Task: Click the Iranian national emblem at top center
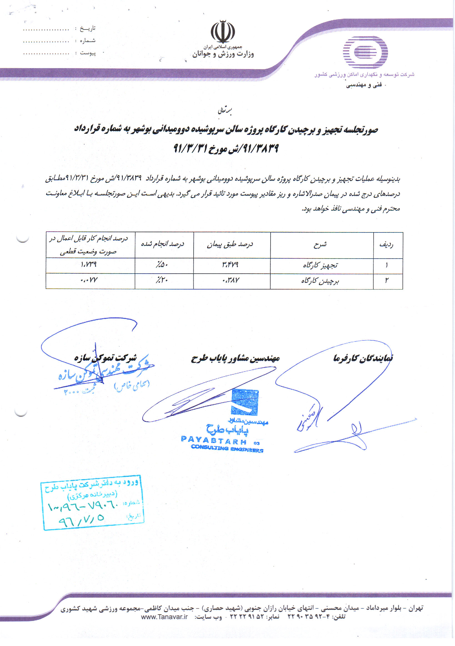tap(223, 31)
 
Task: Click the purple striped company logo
tap(365, 52)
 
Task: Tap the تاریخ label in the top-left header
tap(87, 28)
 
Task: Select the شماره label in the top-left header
tap(87, 41)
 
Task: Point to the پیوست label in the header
tap(88, 53)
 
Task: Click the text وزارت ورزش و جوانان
tap(223, 54)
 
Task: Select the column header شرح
tap(320, 244)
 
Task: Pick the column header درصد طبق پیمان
tap(230, 244)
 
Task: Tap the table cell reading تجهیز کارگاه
tap(320, 265)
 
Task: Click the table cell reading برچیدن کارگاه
tap(320, 281)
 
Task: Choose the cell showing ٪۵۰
tap(162, 265)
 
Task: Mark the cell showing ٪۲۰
tap(162, 281)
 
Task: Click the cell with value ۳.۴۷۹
tap(230, 265)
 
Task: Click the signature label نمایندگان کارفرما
tap(363, 358)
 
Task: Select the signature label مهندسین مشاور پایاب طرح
tap(235, 358)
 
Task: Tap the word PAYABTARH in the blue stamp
tap(214, 440)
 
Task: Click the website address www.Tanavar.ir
tap(164, 617)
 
